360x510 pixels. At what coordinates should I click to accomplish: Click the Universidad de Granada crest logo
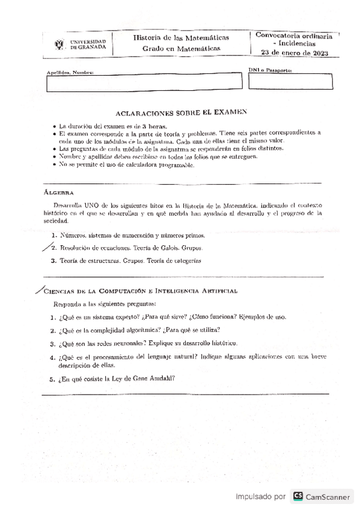click(x=58, y=44)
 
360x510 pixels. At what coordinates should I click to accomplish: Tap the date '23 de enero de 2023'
click(x=290, y=54)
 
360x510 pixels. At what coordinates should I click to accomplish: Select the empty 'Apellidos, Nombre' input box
click(x=143, y=84)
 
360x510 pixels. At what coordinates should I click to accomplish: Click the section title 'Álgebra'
click(x=58, y=194)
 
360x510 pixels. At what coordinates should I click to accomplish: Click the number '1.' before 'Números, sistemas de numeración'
click(x=54, y=235)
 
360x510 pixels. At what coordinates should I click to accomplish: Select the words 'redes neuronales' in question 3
click(x=117, y=343)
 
